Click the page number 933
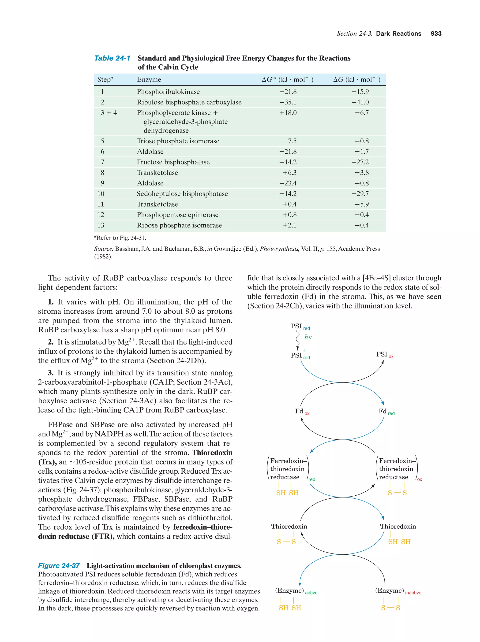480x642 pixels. coord(436,34)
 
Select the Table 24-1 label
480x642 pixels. coord(112,58)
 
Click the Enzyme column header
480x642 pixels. coord(149,80)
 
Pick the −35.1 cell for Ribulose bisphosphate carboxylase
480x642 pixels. coord(288,102)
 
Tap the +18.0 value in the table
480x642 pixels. coord(288,113)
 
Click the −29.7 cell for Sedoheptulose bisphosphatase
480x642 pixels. coord(360,194)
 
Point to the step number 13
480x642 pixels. coord(101,225)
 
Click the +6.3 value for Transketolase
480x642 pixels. coord(289,173)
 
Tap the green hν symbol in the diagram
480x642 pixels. coord(308,337)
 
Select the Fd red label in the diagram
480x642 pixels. coord(386,412)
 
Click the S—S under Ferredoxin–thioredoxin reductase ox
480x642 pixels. coord(397,493)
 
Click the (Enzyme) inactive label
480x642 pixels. coord(397,591)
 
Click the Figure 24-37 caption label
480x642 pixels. coord(59,566)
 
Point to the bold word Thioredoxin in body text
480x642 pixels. coord(212,453)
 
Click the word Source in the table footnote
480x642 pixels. coord(103,249)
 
